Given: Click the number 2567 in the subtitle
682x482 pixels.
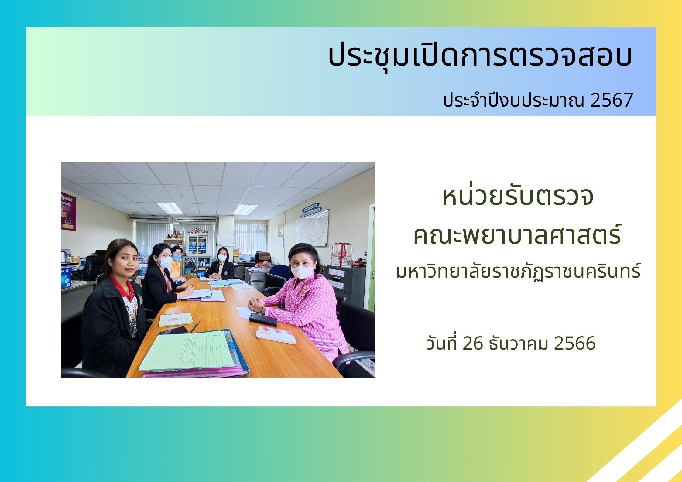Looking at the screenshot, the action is (611, 100).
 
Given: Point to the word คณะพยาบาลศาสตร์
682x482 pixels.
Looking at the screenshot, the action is (517, 235).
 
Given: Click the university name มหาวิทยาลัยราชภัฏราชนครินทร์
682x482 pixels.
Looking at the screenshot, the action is (518, 271).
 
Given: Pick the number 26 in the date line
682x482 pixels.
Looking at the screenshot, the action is (473, 344).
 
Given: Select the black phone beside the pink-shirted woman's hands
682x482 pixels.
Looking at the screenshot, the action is (263, 320).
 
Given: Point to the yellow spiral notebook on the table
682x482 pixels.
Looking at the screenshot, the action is (176, 319).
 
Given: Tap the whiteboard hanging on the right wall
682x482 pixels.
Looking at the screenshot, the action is (312, 228).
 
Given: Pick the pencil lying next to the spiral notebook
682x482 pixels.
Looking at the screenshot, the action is (194, 327).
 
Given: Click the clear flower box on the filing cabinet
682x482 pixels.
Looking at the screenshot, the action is (342, 254).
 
